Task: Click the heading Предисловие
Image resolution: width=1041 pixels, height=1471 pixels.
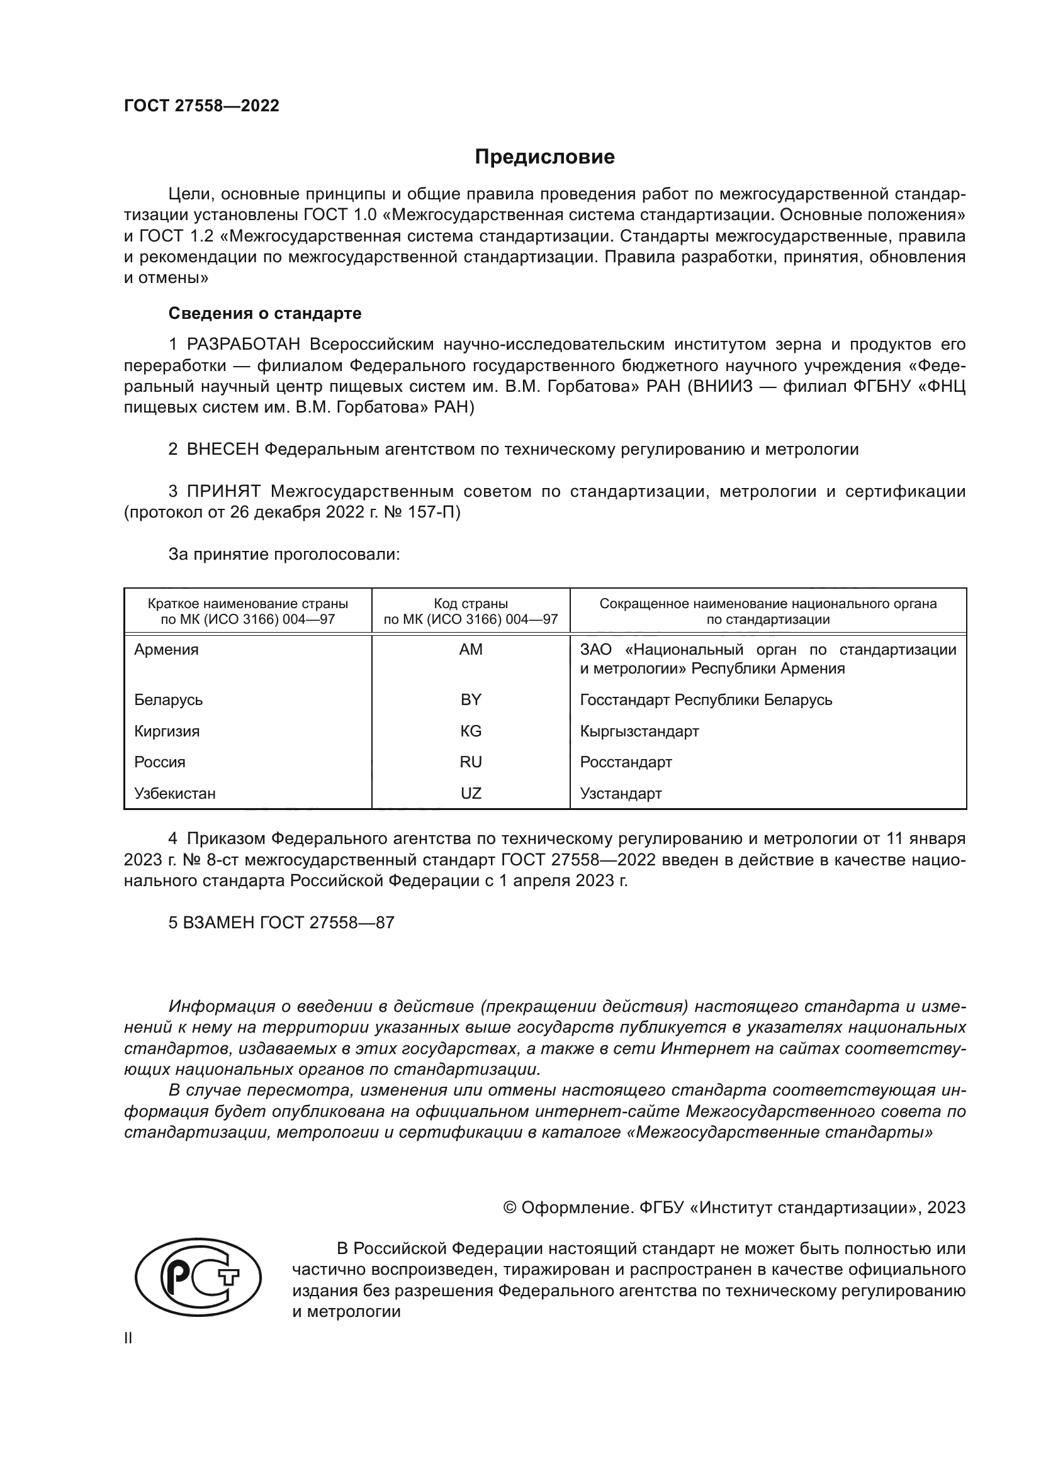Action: point(544,157)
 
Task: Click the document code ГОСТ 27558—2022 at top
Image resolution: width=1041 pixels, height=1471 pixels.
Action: point(201,106)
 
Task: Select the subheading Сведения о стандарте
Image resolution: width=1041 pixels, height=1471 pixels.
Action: point(265,313)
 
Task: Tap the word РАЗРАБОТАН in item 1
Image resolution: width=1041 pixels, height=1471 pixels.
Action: point(243,345)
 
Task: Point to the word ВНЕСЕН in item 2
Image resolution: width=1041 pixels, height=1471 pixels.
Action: point(222,449)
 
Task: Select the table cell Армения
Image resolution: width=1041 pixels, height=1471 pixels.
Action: point(167,650)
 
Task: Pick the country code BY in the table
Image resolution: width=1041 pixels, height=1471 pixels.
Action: point(471,699)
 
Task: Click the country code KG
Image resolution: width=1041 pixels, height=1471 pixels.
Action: point(471,731)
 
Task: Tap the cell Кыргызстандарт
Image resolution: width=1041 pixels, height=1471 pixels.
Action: point(639,731)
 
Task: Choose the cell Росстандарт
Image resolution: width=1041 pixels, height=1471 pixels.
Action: point(626,762)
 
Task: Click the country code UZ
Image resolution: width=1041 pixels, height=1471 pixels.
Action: point(471,793)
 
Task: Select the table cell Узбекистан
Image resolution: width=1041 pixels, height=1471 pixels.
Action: point(175,793)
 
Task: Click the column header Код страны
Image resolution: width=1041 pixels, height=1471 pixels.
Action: point(471,604)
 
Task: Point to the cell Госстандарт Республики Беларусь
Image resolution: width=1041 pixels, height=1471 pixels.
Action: point(706,699)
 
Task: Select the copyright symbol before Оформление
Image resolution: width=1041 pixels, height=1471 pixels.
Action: point(510,1207)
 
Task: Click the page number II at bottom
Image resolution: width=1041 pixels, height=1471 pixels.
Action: point(128,1338)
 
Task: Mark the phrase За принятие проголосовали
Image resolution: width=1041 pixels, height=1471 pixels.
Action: point(284,554)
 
